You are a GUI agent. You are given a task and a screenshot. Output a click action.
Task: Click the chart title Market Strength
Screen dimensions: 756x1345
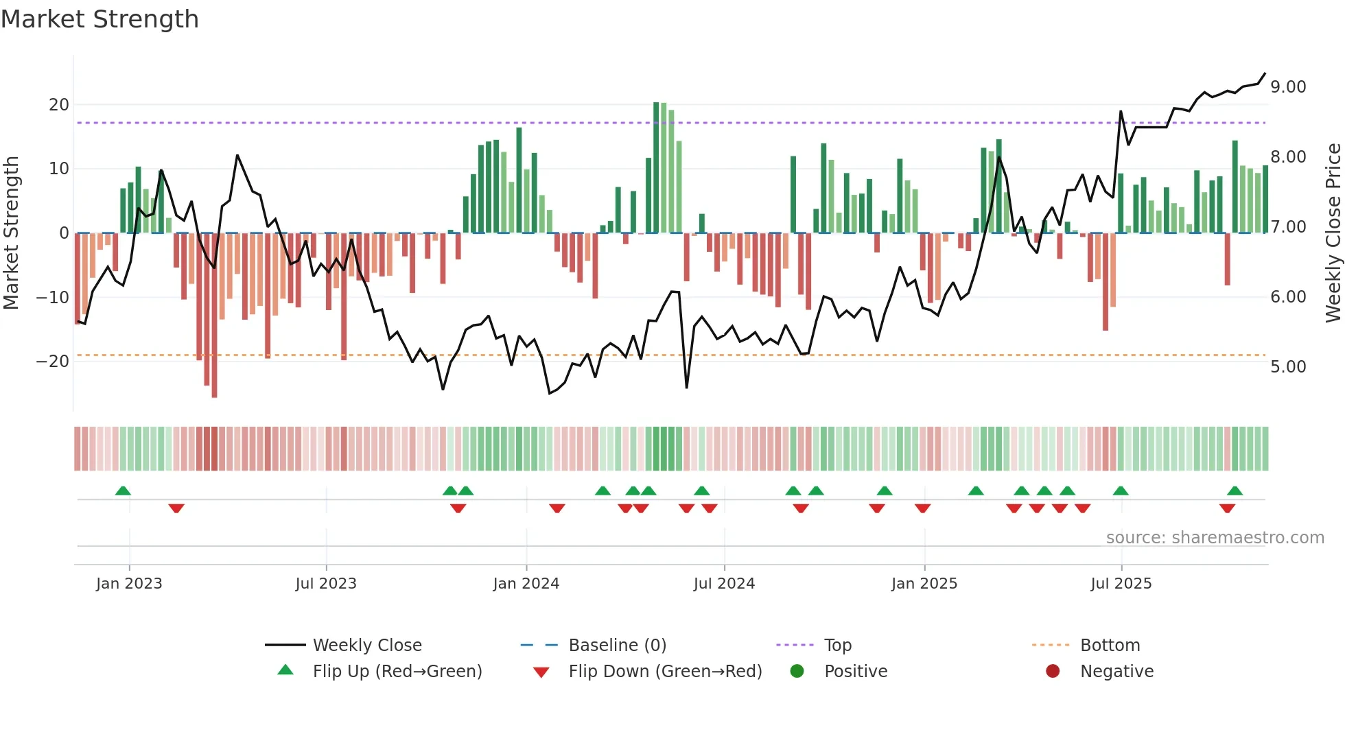pos(100,19)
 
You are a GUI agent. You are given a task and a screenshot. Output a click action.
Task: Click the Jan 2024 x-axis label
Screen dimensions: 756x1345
pos(526,584)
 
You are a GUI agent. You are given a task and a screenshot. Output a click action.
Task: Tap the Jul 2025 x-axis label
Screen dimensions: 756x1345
pos(1121,584)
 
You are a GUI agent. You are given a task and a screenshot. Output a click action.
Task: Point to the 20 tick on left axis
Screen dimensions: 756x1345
pos(59,105)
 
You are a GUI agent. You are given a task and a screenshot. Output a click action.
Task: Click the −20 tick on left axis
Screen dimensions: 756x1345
pos(53,362)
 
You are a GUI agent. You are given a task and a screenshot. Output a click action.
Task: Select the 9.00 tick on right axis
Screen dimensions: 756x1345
pos(1288,87)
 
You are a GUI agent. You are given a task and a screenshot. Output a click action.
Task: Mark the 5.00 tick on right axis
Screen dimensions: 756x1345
pos(1288,367)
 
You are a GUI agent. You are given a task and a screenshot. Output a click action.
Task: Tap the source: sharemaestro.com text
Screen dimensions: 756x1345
pos(1215,538)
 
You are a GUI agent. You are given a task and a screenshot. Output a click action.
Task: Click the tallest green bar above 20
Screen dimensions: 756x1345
pos(656,167)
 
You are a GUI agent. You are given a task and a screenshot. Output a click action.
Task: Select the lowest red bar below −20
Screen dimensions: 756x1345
pos(214,316)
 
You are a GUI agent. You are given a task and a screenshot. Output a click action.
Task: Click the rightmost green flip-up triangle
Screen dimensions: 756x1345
pos(1235,491)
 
